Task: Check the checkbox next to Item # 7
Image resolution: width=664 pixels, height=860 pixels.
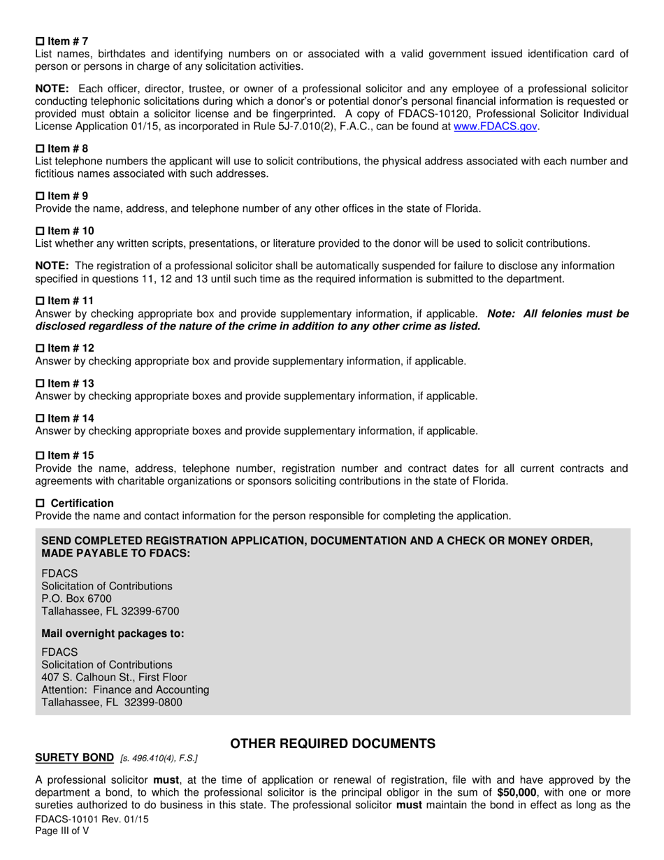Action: click(x=40, y=42)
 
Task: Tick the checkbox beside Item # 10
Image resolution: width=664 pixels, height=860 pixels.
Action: click(x=40, y=231)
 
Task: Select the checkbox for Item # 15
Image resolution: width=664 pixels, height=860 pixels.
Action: click(x=40, y=456)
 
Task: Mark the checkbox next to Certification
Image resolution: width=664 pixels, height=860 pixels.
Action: click(x=40, y=503)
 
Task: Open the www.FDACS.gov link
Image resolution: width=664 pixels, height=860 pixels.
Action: click(x=496, y=127)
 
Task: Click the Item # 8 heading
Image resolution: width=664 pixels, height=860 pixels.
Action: click(x=67, y=148)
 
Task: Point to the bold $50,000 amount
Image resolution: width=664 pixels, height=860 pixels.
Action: click(x=517, y=793)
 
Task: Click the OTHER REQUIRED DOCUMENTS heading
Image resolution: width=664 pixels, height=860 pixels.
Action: click(x=333, y=744)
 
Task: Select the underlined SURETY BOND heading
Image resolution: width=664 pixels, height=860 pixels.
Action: click(x=74, y=758)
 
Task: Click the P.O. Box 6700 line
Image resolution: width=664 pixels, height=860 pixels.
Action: click(x=76, y=599)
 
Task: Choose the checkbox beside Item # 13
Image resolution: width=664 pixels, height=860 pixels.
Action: click(x=40, y=383)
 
